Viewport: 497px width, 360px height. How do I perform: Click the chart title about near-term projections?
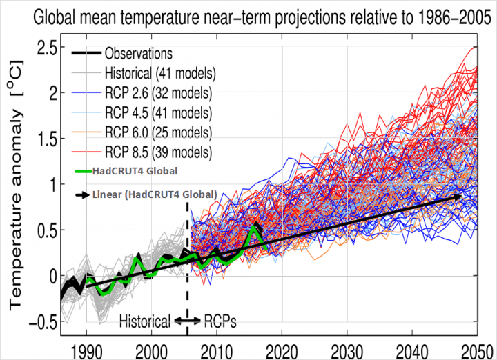[x=252, y=14]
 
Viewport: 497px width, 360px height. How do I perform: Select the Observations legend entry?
[x=138, y=53]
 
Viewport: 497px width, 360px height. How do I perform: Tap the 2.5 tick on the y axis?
[x=46, y=47]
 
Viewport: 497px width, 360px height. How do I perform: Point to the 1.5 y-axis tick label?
[x=46, y=139]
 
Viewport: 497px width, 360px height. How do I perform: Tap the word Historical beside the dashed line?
[x=145, y=321]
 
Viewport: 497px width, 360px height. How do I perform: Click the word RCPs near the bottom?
[x=220, y=321]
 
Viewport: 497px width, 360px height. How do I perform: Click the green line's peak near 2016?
[x=256, y=227]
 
